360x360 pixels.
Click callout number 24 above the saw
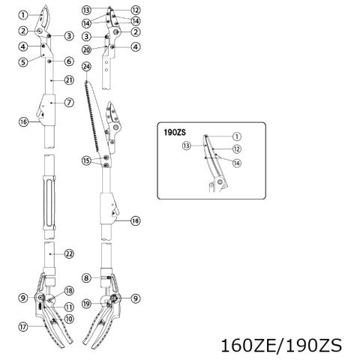pyautogui.click(x=87, y=67)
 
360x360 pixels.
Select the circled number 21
pyautogui.click(x=69, y=80)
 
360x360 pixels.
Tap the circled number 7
pyautogui.click(x=69, y=103)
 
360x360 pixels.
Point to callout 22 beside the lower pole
pyautogui.click(x=69, y=254)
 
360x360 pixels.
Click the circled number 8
pyautogui.click(x=86, y=278)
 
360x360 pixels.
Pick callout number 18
pyautogui.click(x=69, y=291)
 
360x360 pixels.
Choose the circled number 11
pyautogui.click(x=69, y=307)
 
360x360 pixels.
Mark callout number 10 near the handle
pyautogui.click(x=69, y=319)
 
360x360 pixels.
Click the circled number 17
pyautogui.click(x=23, y=327)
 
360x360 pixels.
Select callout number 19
pyautogui.click(x=86, y=304)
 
